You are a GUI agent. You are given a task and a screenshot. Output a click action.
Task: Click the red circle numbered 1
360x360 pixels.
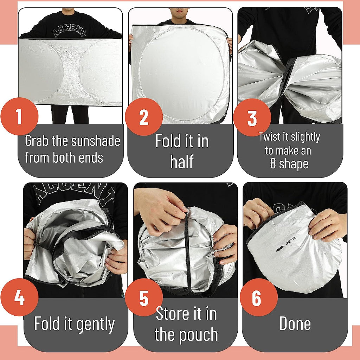(19, 116)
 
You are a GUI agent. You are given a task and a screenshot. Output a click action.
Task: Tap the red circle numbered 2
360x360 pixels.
(144, 117)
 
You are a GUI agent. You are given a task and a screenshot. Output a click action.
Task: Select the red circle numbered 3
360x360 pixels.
(252, 117)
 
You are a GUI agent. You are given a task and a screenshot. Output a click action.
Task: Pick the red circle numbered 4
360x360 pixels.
(19, 297)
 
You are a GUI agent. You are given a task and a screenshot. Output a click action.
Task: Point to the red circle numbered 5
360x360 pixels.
(144, 297)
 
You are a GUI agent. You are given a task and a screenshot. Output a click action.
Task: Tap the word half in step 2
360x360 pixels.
(182, 161)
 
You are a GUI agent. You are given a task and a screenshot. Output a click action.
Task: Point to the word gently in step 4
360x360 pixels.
(95, 324)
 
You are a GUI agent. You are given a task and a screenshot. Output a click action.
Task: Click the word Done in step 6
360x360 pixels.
(295, 323)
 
